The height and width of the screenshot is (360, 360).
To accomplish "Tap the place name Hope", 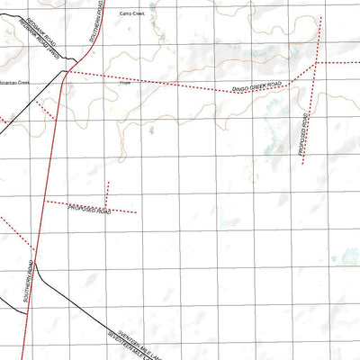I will click(x=124, y=83).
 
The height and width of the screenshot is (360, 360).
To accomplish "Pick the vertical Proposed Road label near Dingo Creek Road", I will click(x=306, y=132).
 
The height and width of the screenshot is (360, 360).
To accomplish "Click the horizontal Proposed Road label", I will click(x=89, y=209).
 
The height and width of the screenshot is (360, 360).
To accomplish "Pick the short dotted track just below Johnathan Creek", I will click(x=48, y=112).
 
